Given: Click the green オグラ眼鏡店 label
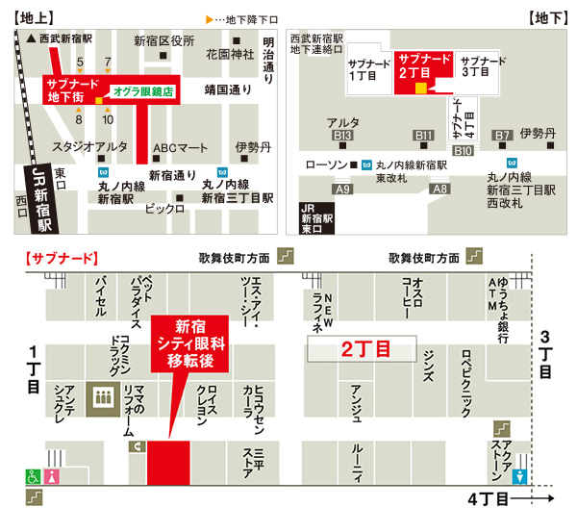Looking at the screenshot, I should click(142, 91).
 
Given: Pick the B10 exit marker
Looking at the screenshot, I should click(464, 150).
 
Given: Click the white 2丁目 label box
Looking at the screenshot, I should click(361, 350).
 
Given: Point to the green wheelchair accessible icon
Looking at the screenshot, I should click(31, 475).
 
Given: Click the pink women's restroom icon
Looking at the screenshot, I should click(52, 475).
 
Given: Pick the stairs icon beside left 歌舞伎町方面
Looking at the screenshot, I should click(285, 256).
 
